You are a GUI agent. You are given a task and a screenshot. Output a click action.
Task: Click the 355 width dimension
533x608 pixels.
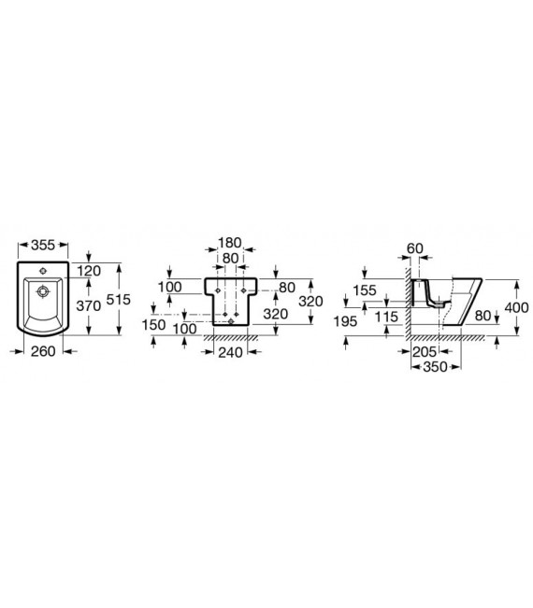pyautogui.click(x=43, y=245)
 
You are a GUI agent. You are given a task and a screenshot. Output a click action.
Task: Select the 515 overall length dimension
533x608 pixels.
pyautogui.click(x=119, y=300)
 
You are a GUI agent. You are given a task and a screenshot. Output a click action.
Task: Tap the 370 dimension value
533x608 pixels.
pyautogui.click(x=89, y=306)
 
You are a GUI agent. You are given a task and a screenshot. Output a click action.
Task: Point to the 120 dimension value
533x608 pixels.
pyautogui.click(x=89, y=271)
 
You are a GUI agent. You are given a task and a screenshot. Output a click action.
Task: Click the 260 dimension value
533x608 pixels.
pyautogui.click(x=43, y=351)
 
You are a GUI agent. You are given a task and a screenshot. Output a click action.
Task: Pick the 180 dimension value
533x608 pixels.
pyautogui.click(x=230, y=243)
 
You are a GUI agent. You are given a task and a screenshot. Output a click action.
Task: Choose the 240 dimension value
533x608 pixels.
pyautogui.click(x=230, y=352)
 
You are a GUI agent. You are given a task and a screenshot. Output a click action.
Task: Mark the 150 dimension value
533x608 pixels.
pyautogui.click(x=153, y=325)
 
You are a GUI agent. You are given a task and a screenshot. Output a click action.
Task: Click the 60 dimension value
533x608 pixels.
pyautogui.click(x=415, y=248)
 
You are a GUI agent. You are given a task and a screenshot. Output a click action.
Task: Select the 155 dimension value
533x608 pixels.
pyautogui.click(x=365, y=290)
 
